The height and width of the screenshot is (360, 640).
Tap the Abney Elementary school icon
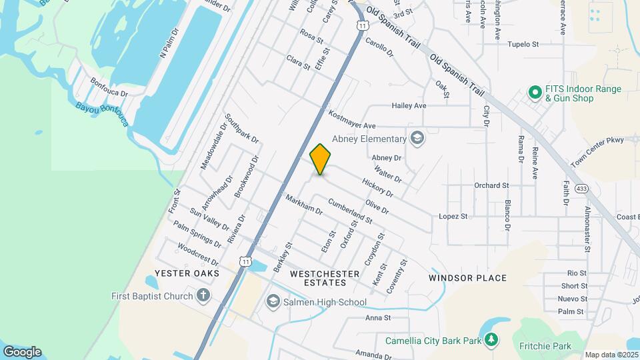(x=418, y=139)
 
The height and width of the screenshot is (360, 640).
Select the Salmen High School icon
(x=273, y=303)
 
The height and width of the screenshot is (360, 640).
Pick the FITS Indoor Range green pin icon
(x=534, y=93)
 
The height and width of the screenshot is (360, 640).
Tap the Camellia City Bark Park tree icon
(x=491, y=341)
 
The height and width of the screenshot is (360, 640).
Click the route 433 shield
(x=582, y=189)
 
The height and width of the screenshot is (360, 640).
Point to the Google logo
(x=22, y=352)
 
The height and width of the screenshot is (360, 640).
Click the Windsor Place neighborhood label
(x=467, y=278)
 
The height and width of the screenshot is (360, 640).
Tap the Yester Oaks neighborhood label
(x=183, y=273)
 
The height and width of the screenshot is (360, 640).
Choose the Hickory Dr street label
(x=377, y=187)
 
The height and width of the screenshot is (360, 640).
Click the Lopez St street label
(x=453, y=217)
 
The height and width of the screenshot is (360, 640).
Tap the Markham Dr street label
(x=303, y=205)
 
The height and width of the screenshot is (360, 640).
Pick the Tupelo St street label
(x=523, y=45)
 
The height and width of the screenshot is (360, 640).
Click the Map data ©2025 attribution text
(x=611, y=355)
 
